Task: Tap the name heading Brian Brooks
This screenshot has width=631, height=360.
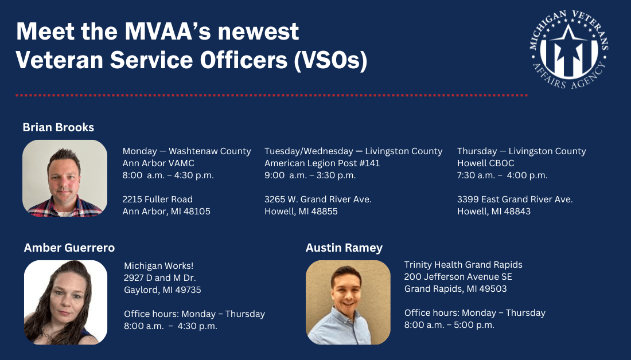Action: tap(58, 127)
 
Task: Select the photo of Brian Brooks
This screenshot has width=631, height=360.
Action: tap(65, 178)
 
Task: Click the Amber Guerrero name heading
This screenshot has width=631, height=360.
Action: tap(69, 248)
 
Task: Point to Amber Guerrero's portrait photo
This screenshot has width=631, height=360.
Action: tap(65, 302)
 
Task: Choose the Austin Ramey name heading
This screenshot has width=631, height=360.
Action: tap(344, 248)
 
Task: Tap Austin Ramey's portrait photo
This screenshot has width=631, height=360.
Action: tap(348, 302)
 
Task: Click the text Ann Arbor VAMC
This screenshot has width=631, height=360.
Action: tap(158, 163)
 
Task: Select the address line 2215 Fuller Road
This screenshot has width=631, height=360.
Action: tap(157, 199)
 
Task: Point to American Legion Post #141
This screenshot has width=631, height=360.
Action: tap(322, 163)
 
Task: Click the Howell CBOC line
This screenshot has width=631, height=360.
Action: tap(485, 163)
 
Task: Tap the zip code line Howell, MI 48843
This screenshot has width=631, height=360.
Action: tap(493, 211)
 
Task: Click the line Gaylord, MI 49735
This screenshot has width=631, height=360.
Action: tap(162, 289)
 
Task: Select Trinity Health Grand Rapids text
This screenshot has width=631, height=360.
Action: tap(463, 265)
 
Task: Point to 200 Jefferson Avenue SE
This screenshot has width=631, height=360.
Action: tap(458, 277)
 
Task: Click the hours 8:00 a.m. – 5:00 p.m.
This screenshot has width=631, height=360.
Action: tap(449, 325)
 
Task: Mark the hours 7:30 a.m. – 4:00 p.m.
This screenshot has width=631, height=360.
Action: tap(502, 175)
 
